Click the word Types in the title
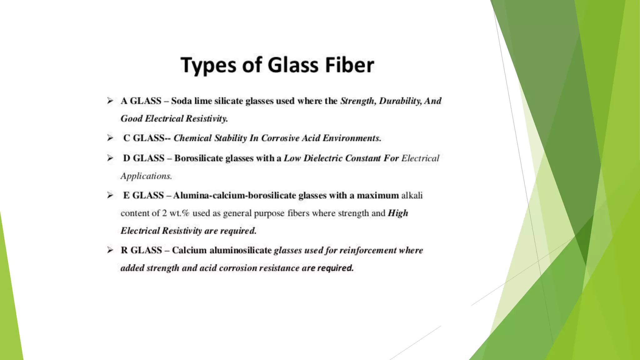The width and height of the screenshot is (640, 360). (x=208, y=66)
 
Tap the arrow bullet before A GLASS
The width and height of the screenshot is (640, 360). (x=110, y=101)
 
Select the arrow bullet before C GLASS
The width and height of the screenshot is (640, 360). (x=110, y=138)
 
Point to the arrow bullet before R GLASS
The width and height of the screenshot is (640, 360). (x=110, y=250)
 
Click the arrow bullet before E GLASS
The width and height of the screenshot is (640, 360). (x=110, y=195)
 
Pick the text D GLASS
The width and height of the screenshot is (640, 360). (x=143, y=158)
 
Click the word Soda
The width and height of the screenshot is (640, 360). (x=181, y=101)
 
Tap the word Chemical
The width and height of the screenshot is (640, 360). (x=192, y=138)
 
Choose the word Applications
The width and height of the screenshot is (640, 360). (x=146, y=176)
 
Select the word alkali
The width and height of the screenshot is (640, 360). (x=412, y=195)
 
